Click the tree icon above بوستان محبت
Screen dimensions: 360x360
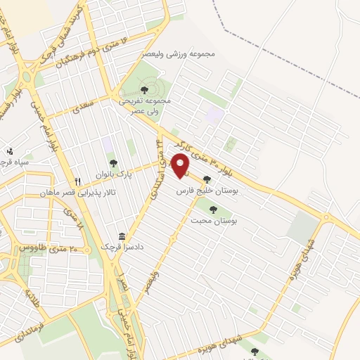click(213, 209)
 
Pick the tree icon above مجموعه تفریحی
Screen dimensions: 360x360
click(143, 89)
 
